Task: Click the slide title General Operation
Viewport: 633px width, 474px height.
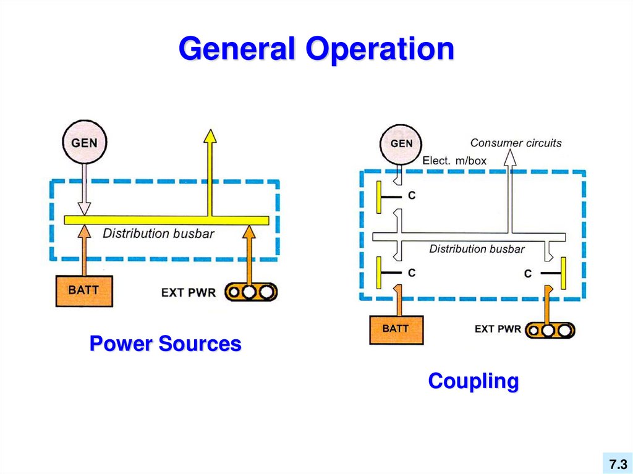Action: tap(316, 50)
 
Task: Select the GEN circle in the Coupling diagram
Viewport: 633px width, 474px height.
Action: tap(401, 144)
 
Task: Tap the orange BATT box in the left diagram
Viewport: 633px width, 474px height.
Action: tap(84, 290)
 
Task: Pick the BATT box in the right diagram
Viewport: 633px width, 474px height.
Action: tap(396, 329)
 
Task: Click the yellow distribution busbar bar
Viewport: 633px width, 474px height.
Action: tap(166, 221)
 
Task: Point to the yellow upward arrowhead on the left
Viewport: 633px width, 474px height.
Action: tap(210, 137)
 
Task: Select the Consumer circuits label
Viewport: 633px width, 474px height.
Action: tap(516, 143)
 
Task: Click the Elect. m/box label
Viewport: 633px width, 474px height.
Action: tap(454, 161)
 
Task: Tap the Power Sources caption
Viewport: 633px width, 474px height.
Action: tap(165, 344)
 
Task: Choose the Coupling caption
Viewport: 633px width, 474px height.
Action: tap(473, 381)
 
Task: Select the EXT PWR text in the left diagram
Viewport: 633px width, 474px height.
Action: tap(189, 292)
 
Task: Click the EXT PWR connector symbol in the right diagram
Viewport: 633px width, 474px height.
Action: tap(550, 331)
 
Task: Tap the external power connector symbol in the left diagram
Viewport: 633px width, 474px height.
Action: tap(250, 292)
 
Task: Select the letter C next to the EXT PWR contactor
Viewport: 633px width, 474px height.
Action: tap(527, 273)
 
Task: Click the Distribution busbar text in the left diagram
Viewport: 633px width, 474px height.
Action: tap(158, 234)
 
